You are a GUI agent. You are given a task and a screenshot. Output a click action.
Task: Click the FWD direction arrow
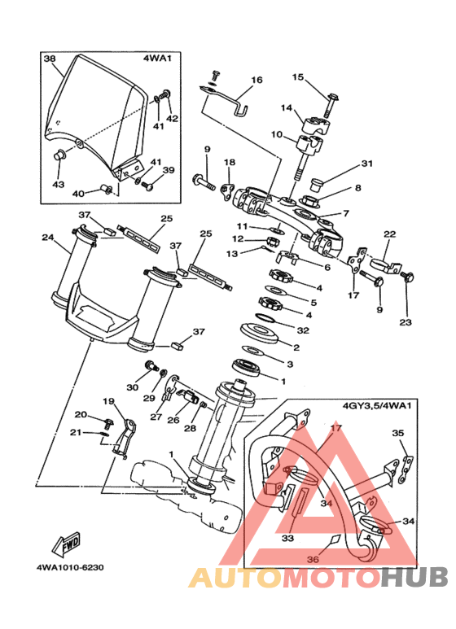coord(66,544)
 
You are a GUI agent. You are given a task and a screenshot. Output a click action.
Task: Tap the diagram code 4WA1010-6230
coord(70,567)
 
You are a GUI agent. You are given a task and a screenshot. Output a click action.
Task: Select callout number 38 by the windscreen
coord(50,59)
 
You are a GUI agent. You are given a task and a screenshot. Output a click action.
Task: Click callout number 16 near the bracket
coord(256,80)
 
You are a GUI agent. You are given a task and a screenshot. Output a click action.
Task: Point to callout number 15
coord(298,76)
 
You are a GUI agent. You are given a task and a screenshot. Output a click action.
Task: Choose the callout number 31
coord(367,164)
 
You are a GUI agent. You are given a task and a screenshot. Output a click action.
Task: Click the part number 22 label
coord(390,234)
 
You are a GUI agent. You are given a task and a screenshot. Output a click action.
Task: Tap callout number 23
coord(406,321)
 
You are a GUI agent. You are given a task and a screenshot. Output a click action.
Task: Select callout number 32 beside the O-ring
coord(303,330)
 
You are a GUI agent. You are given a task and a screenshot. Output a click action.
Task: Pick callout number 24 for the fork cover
coord(48,238)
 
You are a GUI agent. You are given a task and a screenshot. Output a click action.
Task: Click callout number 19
coord(108,401)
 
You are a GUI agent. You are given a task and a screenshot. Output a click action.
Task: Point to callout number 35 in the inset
coord(398,433)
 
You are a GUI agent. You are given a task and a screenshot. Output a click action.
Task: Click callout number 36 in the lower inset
coord(313,558)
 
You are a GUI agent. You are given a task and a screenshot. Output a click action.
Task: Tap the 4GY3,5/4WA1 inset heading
coord(377,405)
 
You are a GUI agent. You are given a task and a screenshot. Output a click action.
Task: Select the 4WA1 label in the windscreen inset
coord(157,58)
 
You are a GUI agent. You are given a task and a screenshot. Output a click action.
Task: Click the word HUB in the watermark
coord(414,577)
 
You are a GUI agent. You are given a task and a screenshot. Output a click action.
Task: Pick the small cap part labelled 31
coord(318,185)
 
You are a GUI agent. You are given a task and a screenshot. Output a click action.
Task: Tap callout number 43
coord(59,185)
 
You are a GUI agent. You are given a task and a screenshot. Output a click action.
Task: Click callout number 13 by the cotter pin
coord(231,254)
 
